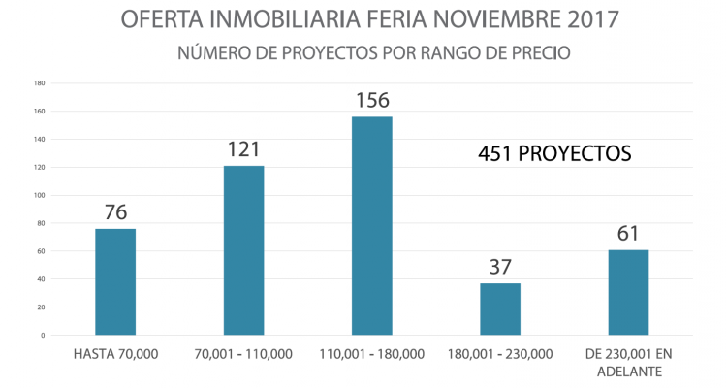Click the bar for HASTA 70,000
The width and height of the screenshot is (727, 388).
[115, 282]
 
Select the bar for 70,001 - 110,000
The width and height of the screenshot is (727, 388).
[243, 250]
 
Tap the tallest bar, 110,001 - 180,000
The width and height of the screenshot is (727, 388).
[372, 226]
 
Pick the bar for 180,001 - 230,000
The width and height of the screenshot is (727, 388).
[500, 309]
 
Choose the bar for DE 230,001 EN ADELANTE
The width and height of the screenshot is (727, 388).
[628, 292]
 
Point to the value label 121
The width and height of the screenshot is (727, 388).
[243, 149]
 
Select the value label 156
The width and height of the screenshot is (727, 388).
[372, 100]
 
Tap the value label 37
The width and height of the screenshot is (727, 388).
[500, 267]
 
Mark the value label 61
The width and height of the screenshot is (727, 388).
[628, 234]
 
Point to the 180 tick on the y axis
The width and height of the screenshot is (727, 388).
[40, 82]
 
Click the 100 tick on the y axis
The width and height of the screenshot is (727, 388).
[40, 195]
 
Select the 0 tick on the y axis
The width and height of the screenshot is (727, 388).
[43, 336]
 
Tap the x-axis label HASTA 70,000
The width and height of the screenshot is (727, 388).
[115, 355]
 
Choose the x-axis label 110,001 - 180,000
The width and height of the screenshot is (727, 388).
[372, 355]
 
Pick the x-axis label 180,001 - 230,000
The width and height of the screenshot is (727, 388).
[500, 355]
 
